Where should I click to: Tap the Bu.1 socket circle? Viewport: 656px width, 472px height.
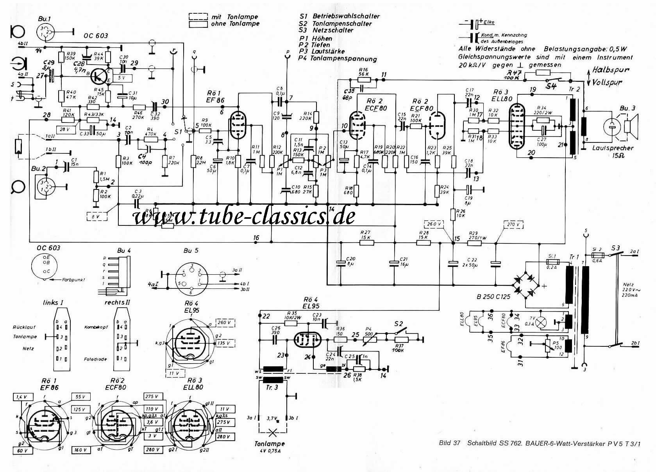click(46, 32)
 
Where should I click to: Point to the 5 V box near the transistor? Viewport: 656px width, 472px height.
click(122, 77)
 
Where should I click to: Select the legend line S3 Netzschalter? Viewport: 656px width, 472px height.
click(327, 30)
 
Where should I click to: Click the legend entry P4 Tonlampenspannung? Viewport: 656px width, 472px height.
click(338, 59)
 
